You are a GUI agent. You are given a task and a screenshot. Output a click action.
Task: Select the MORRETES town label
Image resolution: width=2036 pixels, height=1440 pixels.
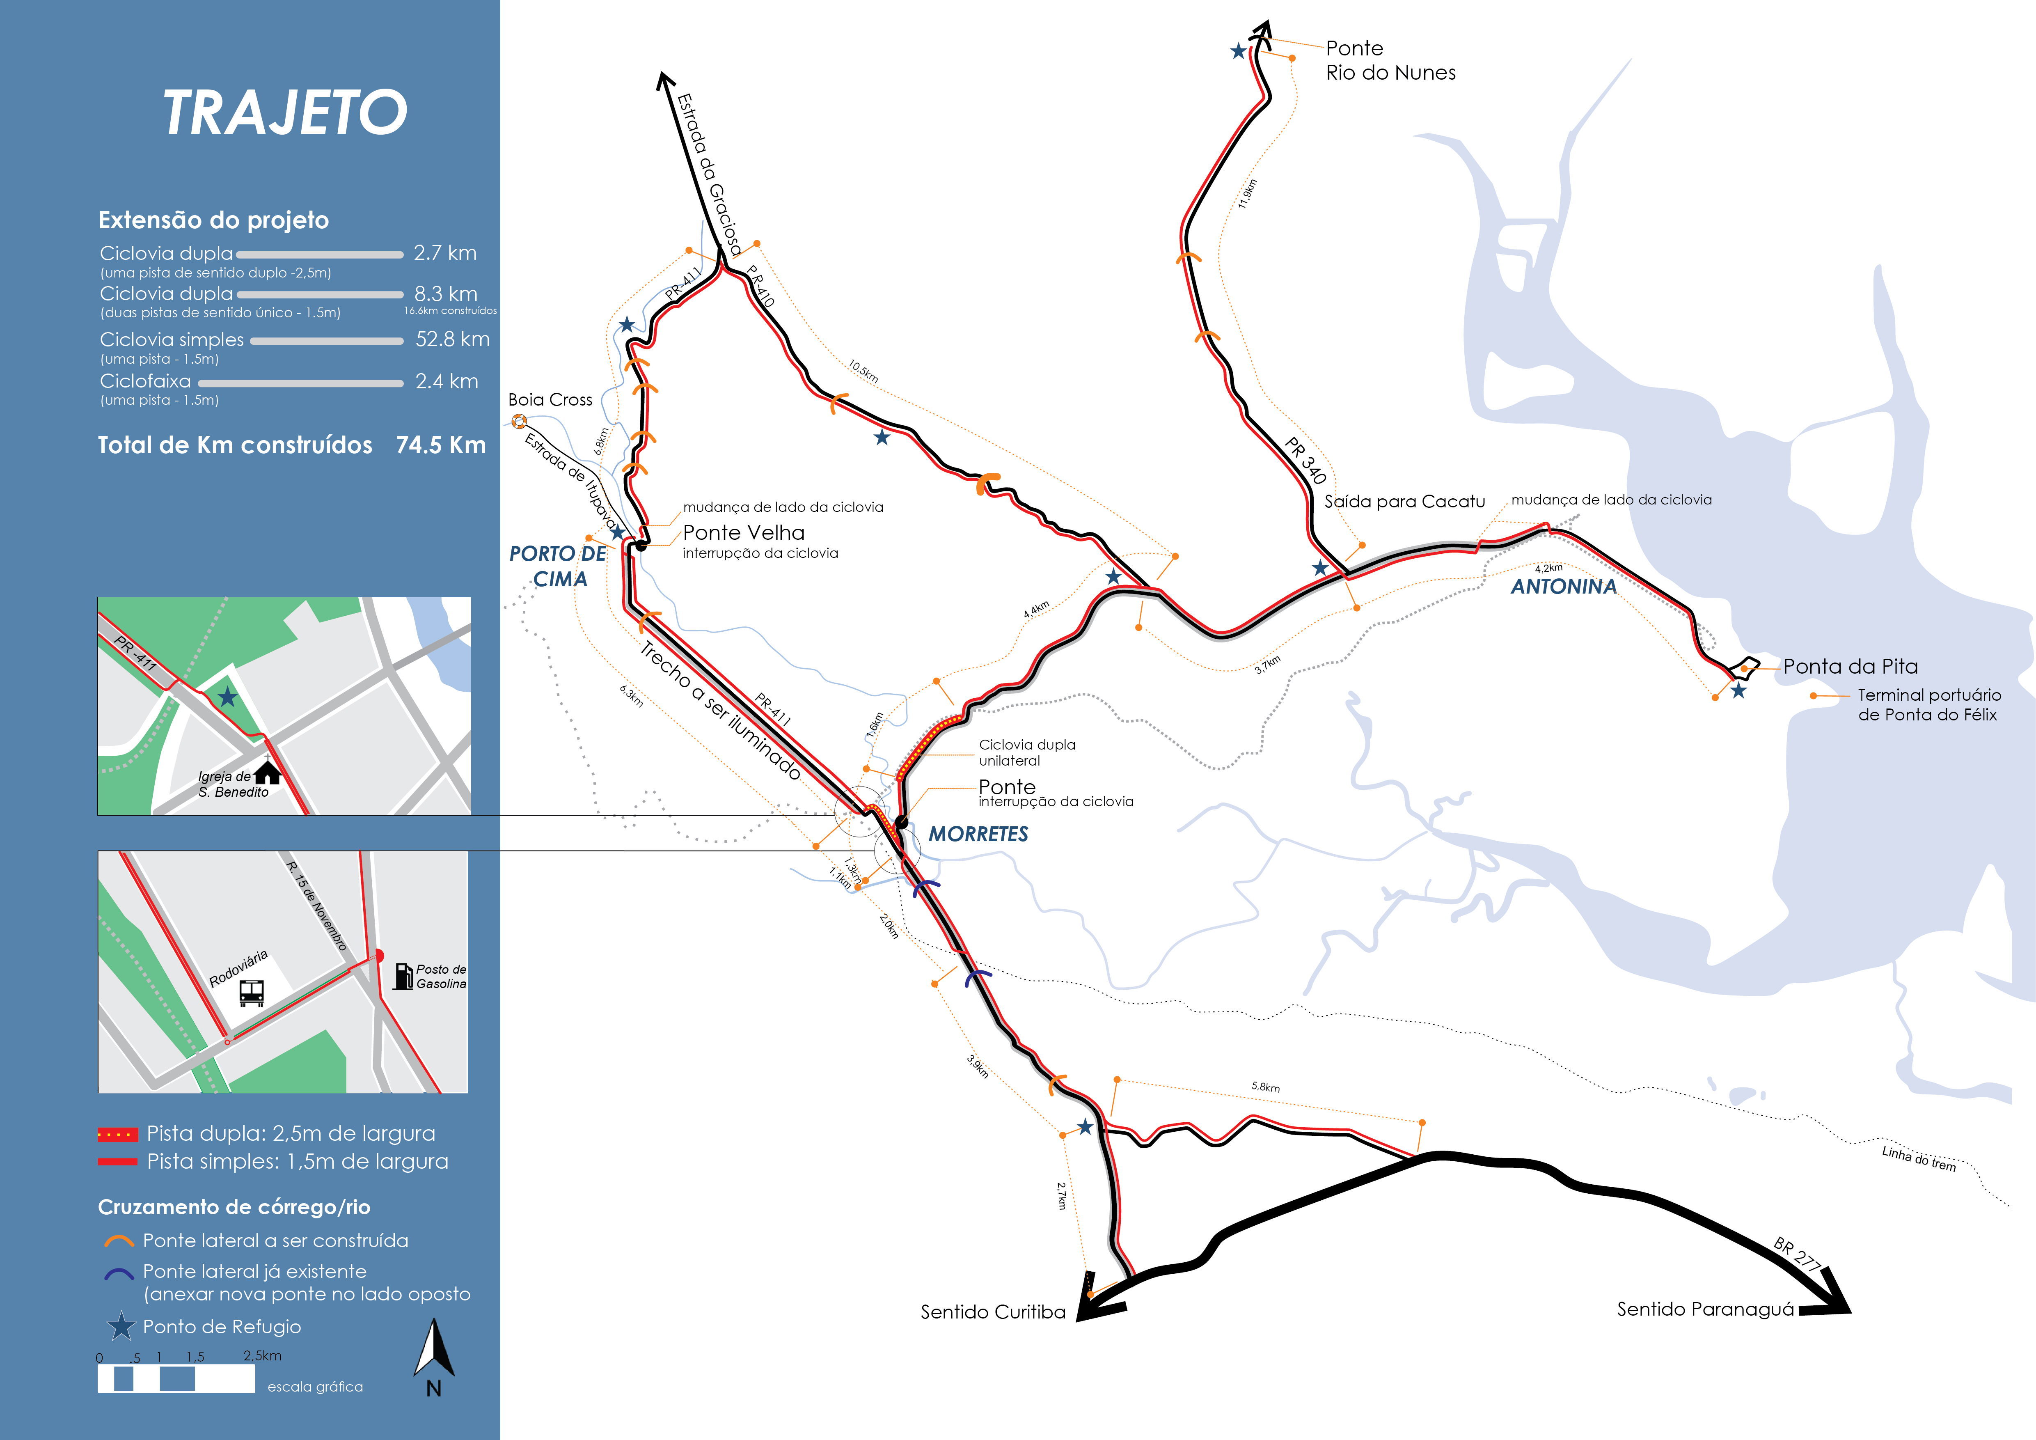tap(978, 835)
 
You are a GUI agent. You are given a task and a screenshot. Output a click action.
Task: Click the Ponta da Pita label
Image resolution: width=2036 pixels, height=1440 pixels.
tap(1850, 667)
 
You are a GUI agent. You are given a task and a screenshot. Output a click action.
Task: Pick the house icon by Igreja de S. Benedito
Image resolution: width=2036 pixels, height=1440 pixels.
tap(267, 773)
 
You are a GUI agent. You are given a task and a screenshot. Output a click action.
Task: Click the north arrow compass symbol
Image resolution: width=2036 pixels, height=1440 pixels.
tap(434, 1350)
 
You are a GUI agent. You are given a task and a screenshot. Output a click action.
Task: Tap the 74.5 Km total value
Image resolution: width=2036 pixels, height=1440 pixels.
tap(441, 445)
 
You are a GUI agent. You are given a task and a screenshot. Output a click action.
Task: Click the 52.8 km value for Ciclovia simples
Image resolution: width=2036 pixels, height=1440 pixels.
tap(452, 339)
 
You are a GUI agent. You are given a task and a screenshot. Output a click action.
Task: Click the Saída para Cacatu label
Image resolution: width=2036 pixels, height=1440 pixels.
tap(1404, 502)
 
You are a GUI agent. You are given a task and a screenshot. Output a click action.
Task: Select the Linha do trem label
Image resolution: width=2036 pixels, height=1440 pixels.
tap(1918, 1158)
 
